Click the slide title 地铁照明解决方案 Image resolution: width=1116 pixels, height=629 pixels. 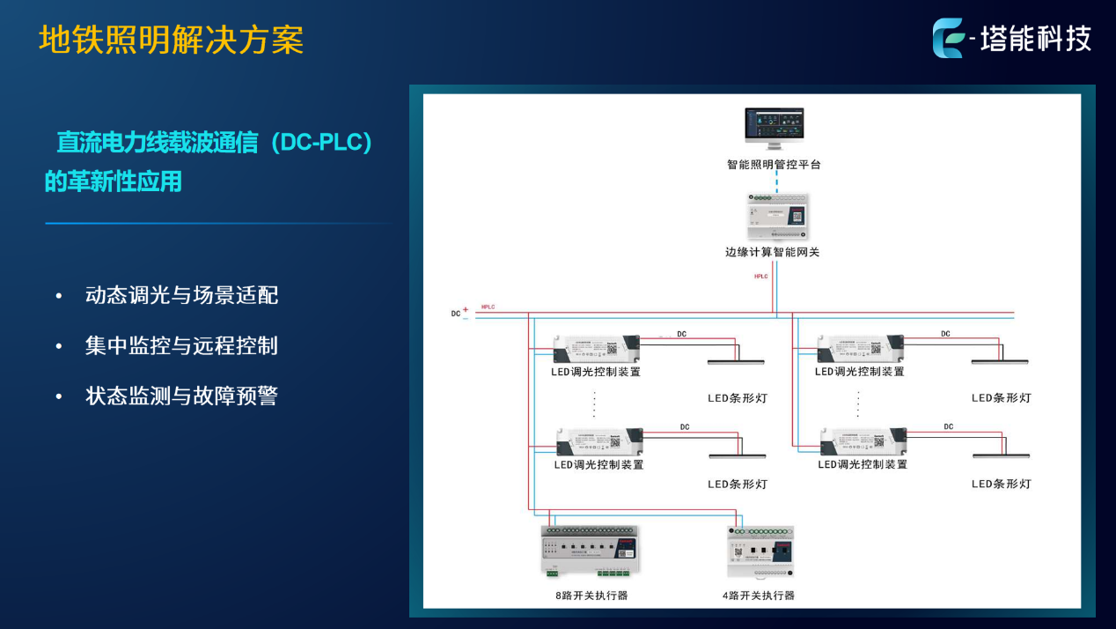tap(172, 41)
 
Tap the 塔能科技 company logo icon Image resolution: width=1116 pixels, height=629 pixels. tap(949, 39)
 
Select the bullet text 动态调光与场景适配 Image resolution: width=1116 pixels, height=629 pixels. tap(181, 295)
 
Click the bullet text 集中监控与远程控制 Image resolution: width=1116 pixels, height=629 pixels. tap(181, 345)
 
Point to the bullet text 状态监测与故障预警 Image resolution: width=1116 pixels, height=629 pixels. tap(181, 396)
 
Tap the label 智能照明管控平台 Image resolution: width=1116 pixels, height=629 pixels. tap(775, 165)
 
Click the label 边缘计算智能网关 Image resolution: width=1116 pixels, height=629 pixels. tap(773, 252)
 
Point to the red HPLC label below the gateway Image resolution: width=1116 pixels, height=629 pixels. tap(760, 277)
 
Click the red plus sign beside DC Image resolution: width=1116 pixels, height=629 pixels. tap(466, 309)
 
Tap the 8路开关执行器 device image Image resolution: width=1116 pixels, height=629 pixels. tap(590, 553)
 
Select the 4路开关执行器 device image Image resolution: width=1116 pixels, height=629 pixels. tap(760, 553)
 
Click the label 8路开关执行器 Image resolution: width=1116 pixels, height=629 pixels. tap(592, 596)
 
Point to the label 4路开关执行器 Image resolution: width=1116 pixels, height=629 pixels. tap(759, 596)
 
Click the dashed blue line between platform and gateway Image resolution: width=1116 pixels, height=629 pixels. tap(776, 181)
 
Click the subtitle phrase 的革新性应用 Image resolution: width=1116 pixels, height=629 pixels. tap(114, 181)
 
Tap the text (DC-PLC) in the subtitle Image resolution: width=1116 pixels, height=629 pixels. tap(322, 143)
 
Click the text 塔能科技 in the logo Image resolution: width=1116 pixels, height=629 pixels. tap(1036, 39)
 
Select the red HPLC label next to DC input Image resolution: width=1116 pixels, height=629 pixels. tap(488, 307)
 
